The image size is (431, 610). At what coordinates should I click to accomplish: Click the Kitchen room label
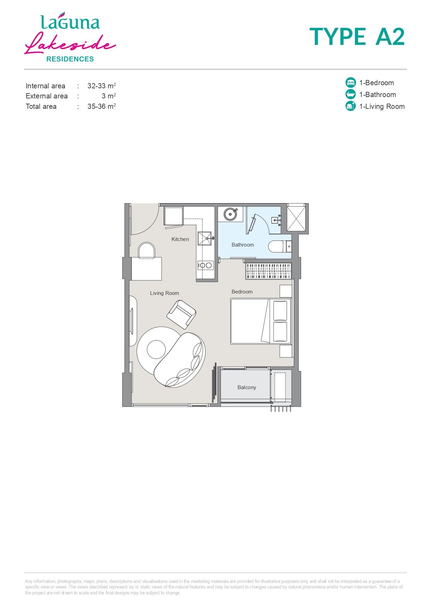pos(180,239)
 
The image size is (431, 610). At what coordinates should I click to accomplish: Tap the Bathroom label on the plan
pos(242,245)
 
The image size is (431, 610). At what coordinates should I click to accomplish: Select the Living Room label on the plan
pos(164,293)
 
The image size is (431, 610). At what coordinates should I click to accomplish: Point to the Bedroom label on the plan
pos(242,292)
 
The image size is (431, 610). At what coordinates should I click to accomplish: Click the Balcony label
pos(247,387)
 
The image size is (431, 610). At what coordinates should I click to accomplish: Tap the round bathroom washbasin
pos(230,214)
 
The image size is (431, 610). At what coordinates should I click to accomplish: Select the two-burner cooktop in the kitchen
pos(205,265)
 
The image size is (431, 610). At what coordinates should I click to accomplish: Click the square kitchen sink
pos(205,239)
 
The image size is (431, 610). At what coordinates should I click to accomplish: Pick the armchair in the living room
pos(181,314)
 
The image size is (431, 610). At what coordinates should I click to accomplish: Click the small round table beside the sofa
pos(156,349)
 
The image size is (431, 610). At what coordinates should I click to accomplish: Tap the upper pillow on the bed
pos(280,311)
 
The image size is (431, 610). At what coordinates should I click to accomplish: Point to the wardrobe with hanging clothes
pos(268,271)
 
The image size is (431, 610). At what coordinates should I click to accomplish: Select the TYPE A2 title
pos(357,37)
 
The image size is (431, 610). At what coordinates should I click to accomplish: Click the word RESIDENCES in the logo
pos(70,59)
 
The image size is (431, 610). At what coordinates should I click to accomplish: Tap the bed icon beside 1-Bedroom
pos(351,82)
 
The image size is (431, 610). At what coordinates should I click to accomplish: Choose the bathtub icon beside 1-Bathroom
pos(351,94)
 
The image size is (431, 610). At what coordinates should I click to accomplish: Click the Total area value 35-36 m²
pos(101,106)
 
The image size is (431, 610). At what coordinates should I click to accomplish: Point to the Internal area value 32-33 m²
pos(101,86)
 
